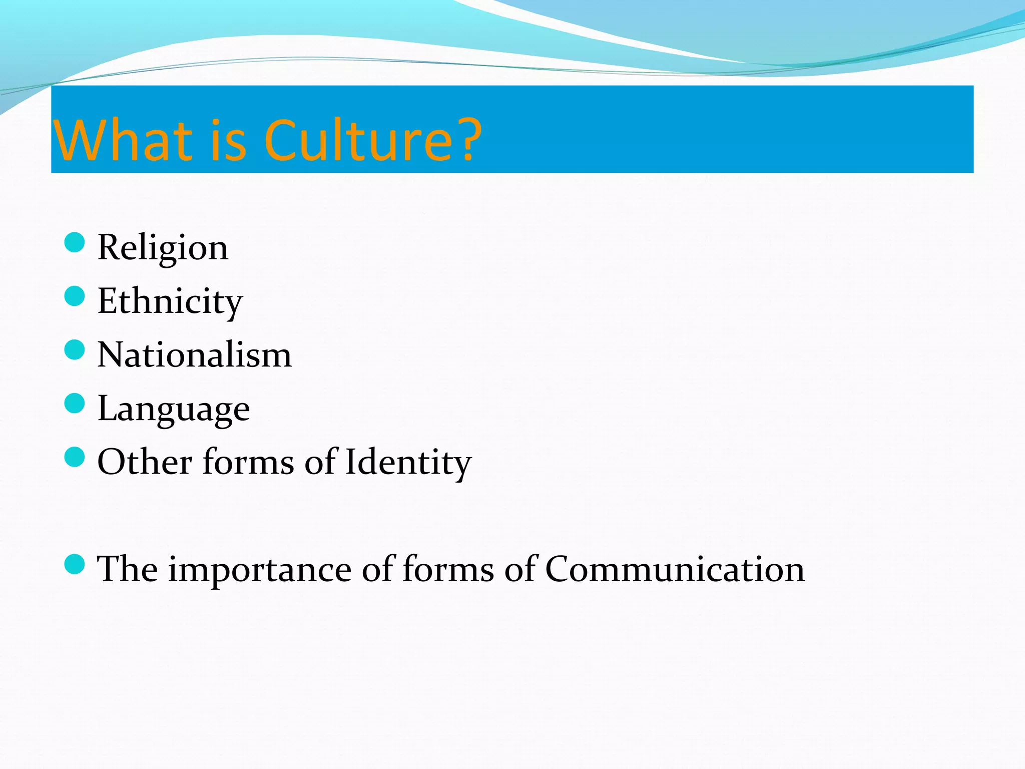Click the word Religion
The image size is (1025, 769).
click(x=163, y=247)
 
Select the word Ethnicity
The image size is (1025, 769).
click(x=170, y=301)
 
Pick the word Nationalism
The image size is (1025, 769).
click(x=194, y=354)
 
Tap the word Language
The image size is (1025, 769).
click(x=173, y=409)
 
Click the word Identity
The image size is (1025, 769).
click(x=408, y=462)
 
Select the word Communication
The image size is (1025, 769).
click(x=675, y=569)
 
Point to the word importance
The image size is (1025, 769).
click(x=260, y=570)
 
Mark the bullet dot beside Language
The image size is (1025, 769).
click(x=75, y=403)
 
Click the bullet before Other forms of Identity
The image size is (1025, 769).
click(x=75, y=457)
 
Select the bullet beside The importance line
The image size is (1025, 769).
click(x=75, y=564)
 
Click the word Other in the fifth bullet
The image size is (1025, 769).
click(x=145, y=462)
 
